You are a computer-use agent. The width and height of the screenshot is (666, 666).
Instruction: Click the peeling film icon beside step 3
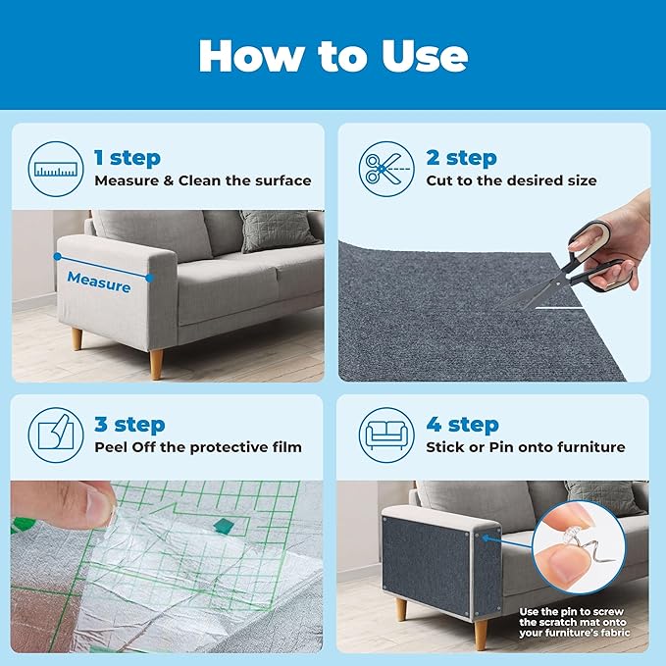55,435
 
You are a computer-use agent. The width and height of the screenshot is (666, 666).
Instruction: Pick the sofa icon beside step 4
385,435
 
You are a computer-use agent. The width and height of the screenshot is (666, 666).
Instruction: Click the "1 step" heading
128,157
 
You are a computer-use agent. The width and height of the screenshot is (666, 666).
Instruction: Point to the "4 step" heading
461,425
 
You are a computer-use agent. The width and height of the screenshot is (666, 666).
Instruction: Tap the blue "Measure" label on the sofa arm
98,285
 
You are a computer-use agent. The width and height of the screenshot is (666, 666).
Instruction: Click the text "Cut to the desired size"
511,180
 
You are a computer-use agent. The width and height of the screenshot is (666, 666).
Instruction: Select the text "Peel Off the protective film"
197,447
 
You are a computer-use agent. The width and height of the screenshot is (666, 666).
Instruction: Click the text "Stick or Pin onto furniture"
525,447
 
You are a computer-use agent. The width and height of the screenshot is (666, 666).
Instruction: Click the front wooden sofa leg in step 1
154,364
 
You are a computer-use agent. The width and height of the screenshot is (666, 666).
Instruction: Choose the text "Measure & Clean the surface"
203,180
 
